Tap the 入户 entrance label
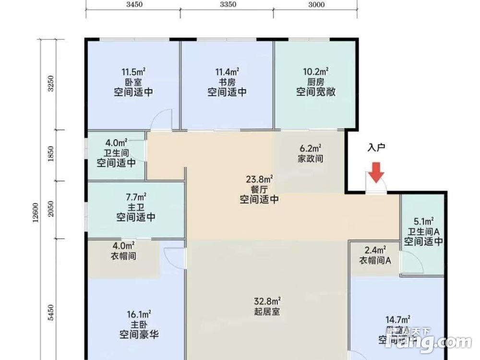(x=377, y=148)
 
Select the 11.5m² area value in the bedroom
(x=133, y=72)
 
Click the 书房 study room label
(x=227, y=82)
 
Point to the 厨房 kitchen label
(x=315, y=82)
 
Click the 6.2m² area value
(x=310, y=148)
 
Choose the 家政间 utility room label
(x=310, y=158)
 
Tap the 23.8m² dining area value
(x=260, y=179)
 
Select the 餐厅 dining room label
(x=260, y=189)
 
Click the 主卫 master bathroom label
(x=136, y=207)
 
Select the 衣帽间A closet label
(x=375, y=260)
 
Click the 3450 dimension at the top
(x=134, y=5)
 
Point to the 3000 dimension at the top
(x=316, y=5)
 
